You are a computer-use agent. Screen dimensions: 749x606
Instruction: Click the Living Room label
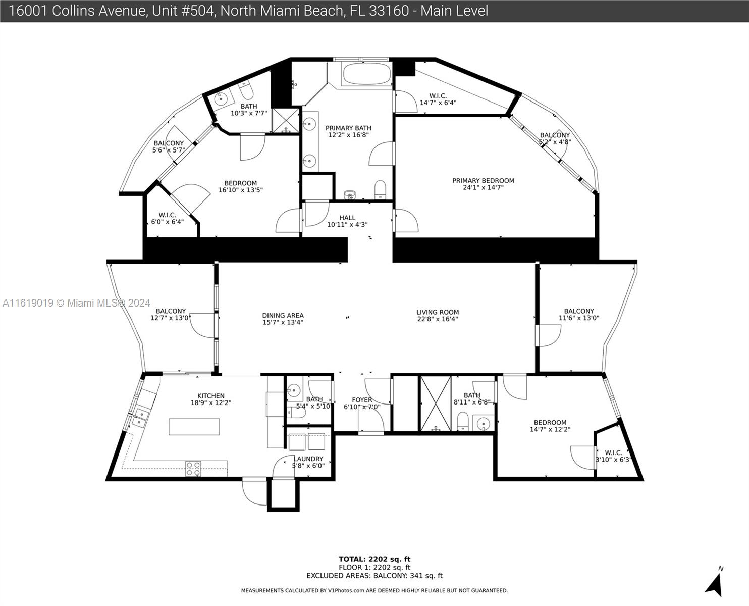click(x=438, y=316)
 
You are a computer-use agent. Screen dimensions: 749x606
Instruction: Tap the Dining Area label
click(x=283, y=319)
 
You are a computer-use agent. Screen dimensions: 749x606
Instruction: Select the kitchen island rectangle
click(x=194, y=427)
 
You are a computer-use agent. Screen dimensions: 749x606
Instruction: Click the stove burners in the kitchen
click(x=193, y=469)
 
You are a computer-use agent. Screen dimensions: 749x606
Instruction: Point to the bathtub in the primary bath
click(x=367, y=74)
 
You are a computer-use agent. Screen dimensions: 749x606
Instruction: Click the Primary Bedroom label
click(x=483, y=184)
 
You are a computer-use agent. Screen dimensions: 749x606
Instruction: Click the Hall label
click(x=347, y=221)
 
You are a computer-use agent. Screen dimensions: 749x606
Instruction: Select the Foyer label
click(x=362, y=403)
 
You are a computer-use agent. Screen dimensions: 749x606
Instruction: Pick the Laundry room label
click(x=308, y=462)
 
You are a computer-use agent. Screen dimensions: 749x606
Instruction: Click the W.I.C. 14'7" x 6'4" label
click(x=438, y=99)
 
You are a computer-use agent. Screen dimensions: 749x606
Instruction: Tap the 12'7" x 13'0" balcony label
click(x=171, y=315)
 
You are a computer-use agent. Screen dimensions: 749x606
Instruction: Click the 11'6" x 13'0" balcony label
click(x=579, y=315)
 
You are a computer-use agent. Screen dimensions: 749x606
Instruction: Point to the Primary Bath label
click(x=348, y=131)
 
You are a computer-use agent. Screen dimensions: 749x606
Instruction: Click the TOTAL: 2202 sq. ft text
click(x=375, y=559)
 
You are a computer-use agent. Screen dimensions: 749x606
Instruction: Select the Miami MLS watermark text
click(x=76, y=303)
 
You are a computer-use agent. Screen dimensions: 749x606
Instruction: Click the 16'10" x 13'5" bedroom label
click(x=241, y=187)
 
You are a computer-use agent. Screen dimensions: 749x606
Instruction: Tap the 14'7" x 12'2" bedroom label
click(x=550, y=426)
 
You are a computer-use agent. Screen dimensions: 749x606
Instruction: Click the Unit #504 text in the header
click(x=183, y=11)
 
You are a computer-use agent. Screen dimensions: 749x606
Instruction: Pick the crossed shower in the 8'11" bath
click(x=436, y=403)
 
